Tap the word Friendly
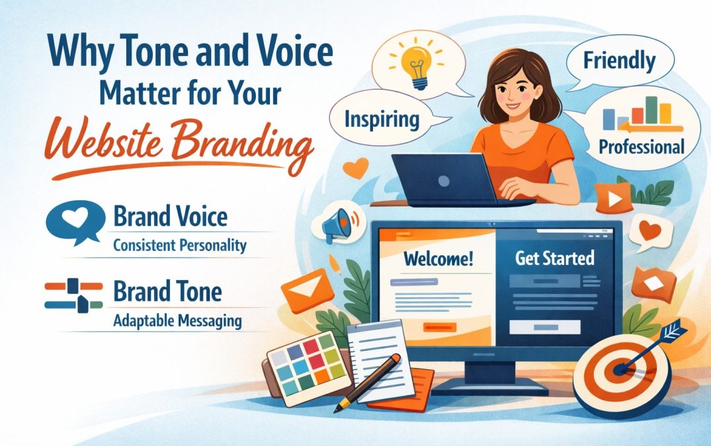(618, 61)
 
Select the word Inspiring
(382, 119)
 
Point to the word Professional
(641, 146)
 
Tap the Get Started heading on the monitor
(554, 258)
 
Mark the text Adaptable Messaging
(177, 322)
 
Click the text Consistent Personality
(179, 246)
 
